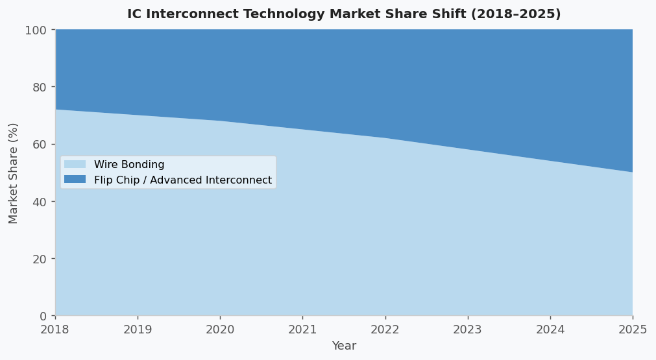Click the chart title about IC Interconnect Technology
344,14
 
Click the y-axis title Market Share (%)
14,173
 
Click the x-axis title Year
344,346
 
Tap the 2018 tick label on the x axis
55,330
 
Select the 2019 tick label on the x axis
138,330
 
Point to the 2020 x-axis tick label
220,330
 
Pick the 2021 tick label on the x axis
302,330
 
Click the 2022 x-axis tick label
385,330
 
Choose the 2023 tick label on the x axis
468,330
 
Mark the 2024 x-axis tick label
550,330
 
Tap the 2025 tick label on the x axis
633,330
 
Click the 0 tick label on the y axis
43,317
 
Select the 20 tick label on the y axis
40,259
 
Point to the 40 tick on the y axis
40,202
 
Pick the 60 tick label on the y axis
40,145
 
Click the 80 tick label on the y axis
40,88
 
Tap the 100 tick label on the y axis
36,30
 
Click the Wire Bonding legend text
129,165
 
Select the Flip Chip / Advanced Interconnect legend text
183,180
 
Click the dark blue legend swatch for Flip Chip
75,180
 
